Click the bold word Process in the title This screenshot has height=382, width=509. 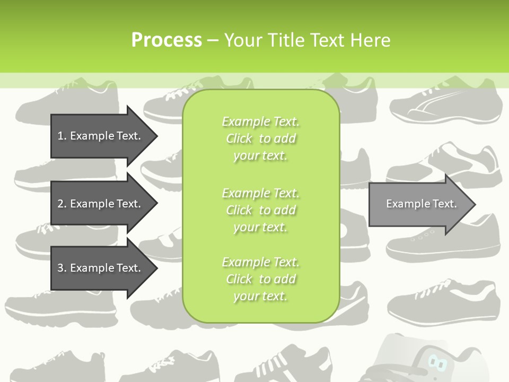coord(166,40)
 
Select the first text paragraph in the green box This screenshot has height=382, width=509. coord(260,138)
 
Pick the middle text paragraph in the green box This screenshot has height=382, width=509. coord(260,210)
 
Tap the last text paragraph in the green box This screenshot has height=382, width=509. coord(260,279)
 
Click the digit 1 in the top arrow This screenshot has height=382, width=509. coord(60,136)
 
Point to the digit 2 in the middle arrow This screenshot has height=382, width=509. coord(60,204)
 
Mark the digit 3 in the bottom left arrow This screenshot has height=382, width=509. coord(60,268)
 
